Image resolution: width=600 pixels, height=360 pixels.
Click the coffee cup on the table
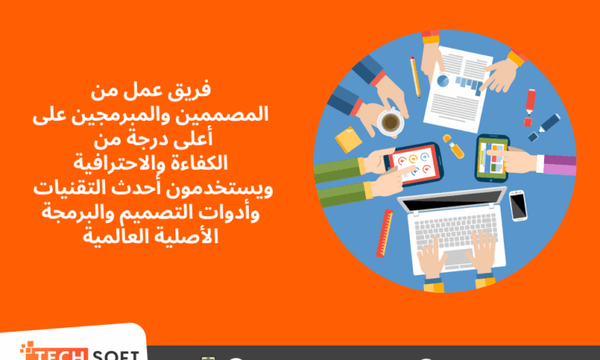(390, 122)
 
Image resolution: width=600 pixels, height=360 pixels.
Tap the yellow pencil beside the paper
(415, 77)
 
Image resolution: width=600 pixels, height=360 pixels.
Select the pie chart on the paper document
(442, 81)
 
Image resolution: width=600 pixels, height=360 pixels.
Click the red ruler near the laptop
(385, 233)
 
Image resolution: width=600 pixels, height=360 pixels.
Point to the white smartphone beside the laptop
(518, 206)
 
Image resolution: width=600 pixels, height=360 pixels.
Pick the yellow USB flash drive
(454, 146)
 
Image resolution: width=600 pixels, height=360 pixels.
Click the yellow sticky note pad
(348, 140)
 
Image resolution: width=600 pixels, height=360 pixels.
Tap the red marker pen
(530, 107)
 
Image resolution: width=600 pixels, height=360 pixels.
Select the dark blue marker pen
(544, 128)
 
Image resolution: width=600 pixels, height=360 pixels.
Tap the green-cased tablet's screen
(493, 158)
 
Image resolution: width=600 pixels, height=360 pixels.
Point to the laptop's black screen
(452, 199)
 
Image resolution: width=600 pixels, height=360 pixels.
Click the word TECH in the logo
(58, 353)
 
